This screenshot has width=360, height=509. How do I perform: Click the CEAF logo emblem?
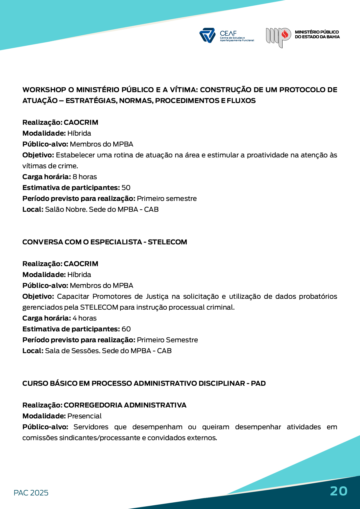(207, 35)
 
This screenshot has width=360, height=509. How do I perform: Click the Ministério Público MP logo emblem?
(278, 37)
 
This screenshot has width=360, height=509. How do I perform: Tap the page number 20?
(339, 491)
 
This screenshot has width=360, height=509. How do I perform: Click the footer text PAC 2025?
(31, 493)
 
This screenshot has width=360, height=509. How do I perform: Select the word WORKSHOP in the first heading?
(44, 90)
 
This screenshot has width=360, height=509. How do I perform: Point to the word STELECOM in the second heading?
(167, 242)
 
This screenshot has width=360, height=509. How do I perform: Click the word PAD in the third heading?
(258, 383)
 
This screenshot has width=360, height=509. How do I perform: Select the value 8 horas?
(85, 177)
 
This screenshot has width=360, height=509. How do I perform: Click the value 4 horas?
(85, 318)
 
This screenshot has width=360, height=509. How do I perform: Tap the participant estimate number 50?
(126, 188)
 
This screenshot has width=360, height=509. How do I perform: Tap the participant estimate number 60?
(126, 329)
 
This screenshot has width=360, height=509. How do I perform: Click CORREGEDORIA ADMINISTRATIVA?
(125, 405)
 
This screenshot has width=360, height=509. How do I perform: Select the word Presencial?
(84, 416)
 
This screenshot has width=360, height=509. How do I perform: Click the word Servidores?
(91, 427)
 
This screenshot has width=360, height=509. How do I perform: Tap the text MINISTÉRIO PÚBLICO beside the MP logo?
(317, 32)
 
